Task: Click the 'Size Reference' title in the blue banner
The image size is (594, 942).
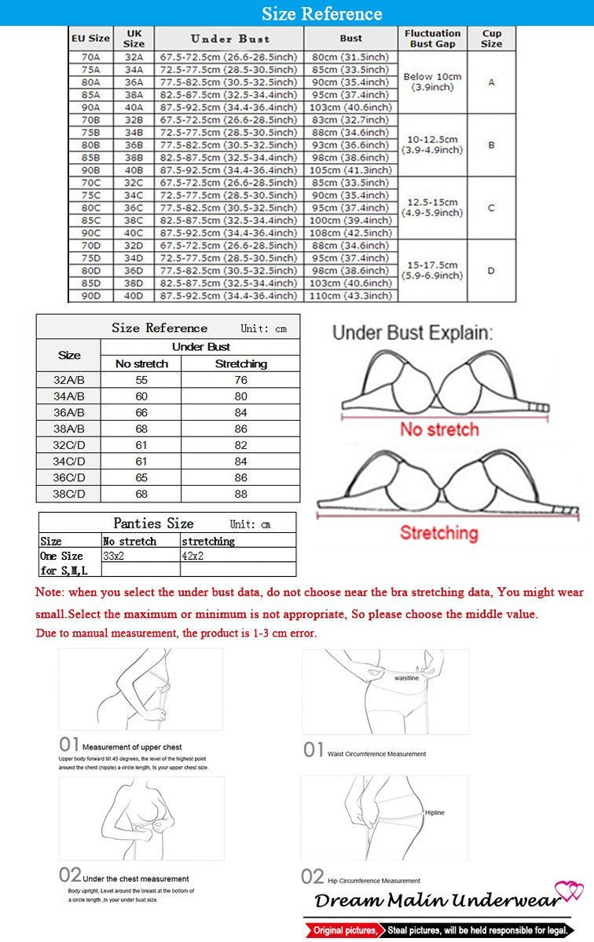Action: coord(322,13)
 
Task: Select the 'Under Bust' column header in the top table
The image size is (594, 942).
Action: coord(229,38)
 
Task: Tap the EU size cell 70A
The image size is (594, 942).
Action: coord(90,57)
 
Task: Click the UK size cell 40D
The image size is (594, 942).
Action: coord(134,296)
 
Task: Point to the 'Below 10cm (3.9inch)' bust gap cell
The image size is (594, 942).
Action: coord(432,82)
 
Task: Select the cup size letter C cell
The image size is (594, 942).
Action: coord(491,208)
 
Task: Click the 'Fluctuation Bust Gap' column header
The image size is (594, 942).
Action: coord(432,38)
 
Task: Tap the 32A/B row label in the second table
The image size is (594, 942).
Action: coord(68,380)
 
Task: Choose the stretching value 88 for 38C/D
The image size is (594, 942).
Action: coord(240,494)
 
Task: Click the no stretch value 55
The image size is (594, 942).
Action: coord(141,380)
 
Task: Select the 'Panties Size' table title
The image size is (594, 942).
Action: coord(153,524)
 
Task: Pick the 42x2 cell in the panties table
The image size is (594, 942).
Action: coord(193,556)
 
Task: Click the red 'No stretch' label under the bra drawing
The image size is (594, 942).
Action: coord(439,429)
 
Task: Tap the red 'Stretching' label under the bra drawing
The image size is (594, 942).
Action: coord(438,533)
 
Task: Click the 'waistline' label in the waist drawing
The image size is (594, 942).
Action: coord(406,677)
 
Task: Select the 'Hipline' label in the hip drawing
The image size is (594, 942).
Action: coord(434,813)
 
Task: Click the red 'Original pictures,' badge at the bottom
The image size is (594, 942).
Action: coord(344,930)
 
